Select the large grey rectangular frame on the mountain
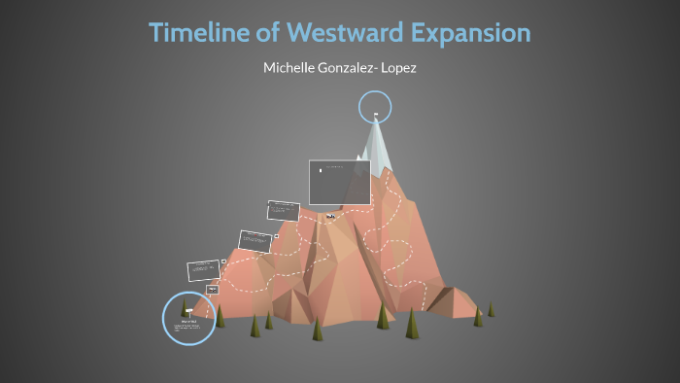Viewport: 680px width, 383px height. click(339, 182)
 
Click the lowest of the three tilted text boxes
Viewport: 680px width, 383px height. click(205, 269)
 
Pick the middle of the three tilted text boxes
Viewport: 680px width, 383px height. click(254, 238)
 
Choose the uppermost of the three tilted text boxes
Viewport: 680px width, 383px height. click(283, 209)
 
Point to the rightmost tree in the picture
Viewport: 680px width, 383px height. click(491, 309)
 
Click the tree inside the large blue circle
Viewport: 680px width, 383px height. click(187, 310)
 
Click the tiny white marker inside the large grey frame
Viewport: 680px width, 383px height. click(322, 172)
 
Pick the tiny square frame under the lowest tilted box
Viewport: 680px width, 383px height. click(212, 289)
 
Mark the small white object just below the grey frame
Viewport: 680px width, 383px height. click(330, 215)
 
